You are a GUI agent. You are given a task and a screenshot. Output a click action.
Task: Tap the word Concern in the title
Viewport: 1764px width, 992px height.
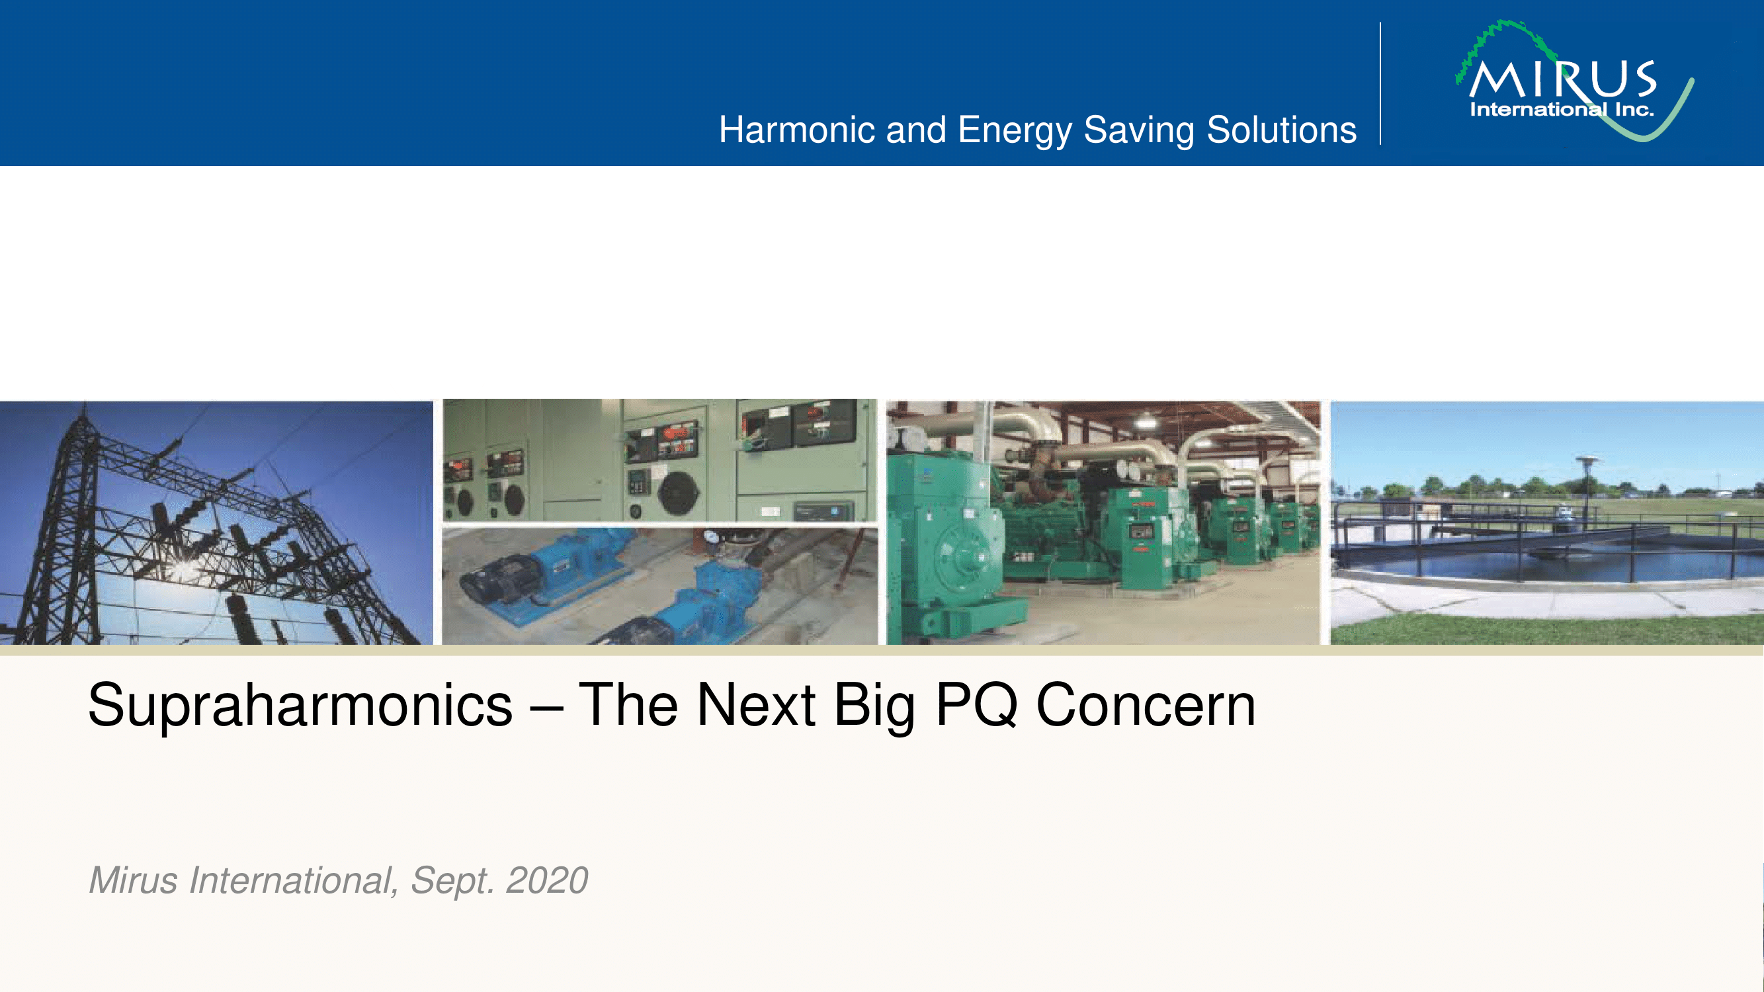coord(1146,705)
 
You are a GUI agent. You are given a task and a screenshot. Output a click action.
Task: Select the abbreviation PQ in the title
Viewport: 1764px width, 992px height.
coord(976,706)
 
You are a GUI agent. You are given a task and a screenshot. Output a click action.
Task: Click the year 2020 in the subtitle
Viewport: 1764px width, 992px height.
coord(546,880)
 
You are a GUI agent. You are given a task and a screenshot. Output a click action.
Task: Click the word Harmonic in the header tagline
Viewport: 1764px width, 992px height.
coord(797,130)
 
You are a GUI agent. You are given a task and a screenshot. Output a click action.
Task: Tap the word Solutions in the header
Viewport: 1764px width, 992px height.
coord(1281,130)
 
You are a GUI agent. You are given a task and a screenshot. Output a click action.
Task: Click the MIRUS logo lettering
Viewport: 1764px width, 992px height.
coord(1563,79)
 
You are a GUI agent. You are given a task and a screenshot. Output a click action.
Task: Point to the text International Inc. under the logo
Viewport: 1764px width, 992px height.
coord(1562,110)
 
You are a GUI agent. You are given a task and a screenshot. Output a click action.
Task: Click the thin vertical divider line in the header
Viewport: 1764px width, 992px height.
coord(1380,83)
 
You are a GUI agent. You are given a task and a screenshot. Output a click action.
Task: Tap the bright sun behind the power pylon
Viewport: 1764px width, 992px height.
coord(183,568)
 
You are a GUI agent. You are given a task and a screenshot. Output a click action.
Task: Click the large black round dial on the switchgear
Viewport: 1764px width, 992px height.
coord(678,491)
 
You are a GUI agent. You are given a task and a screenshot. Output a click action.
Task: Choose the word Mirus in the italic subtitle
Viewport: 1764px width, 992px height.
coord(134,880)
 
